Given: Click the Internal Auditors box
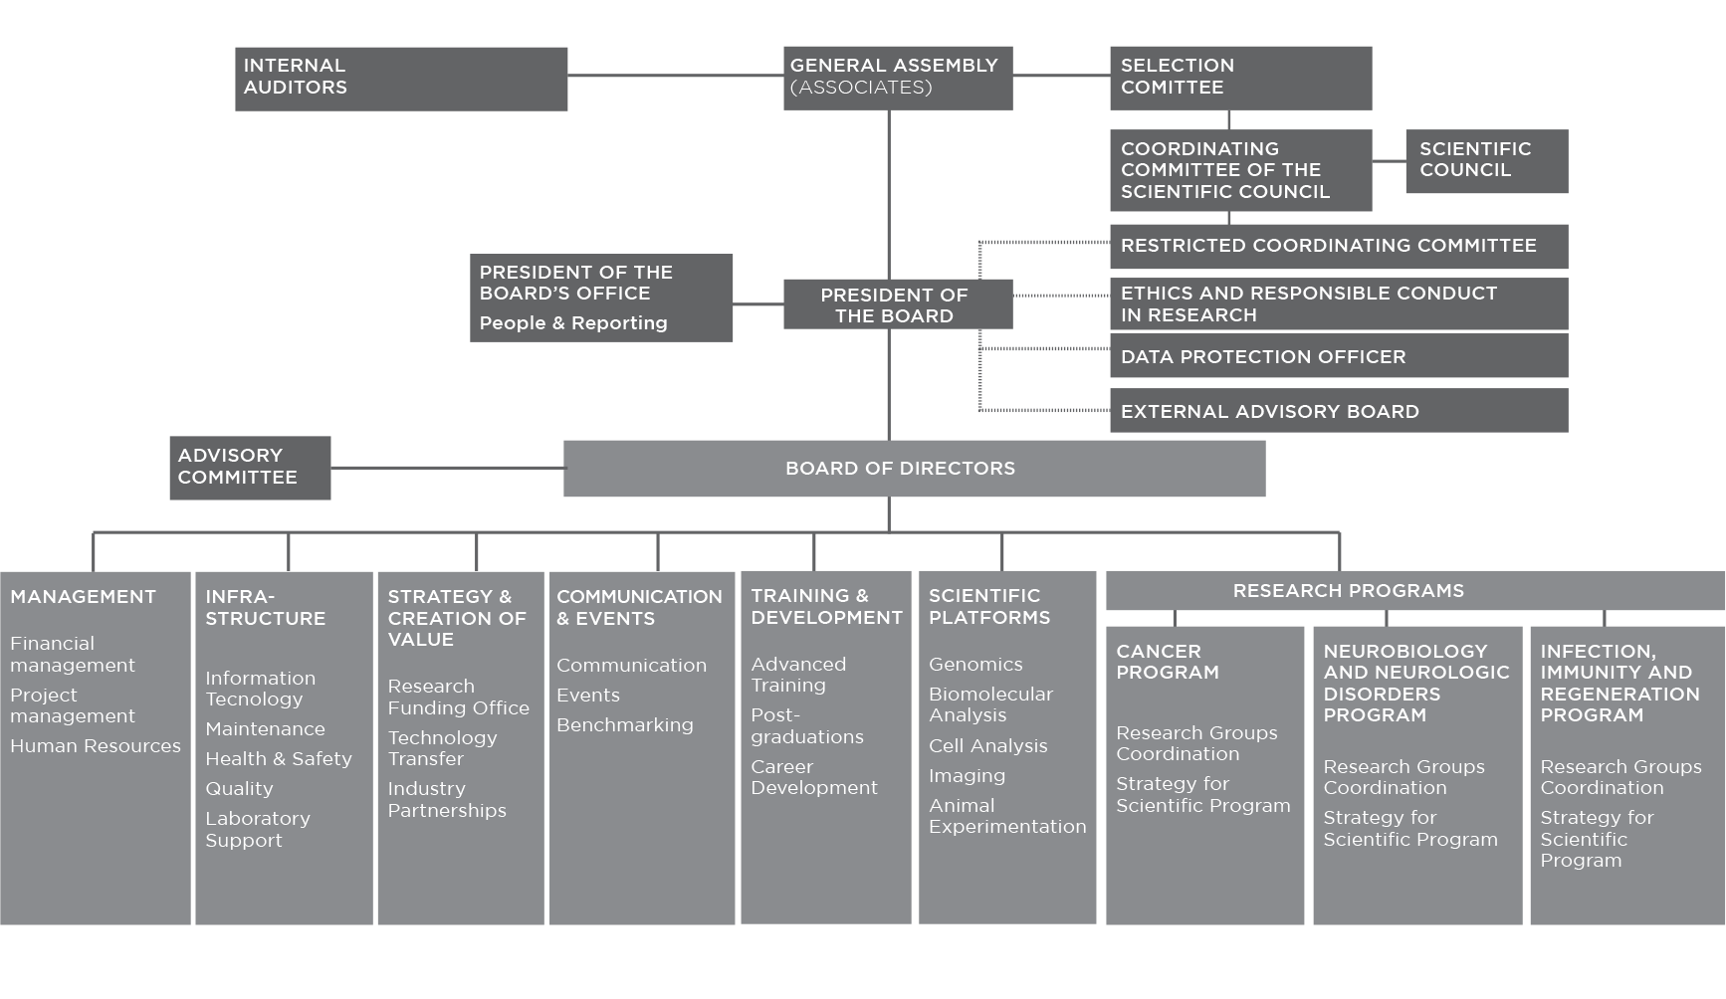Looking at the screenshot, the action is click(x=401, y=79).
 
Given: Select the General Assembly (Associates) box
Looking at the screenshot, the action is click(x=898, y=78).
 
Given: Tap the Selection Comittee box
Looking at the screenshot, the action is click(x=1241, y=78).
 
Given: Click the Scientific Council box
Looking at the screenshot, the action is click(x=1487, y=160).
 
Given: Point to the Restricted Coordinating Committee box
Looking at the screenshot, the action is click(x=1340, y=246).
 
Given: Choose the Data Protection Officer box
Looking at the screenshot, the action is click(x=1340, y=356).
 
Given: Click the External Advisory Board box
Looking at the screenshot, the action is click(x=1340, y=411).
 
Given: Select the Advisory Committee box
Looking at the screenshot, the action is click(x=250, y=468).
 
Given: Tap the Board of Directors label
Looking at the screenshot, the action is click(x=900, y=469).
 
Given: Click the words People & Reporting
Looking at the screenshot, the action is click(x=573, y=323).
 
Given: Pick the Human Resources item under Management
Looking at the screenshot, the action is click(x=96, y=746).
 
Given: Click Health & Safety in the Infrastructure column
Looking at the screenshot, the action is click(x=279, y=759).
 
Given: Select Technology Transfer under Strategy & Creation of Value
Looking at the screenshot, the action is click(x=442, y=748).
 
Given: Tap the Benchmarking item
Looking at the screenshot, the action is click(x=625, y=725).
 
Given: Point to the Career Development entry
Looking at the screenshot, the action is click(x=814, y=777).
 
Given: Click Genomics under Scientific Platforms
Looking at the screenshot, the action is click(x=975, y=665).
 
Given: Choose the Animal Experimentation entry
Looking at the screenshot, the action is click(x=1007, y=816).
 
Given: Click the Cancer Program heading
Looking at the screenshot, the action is click(x=1168, y=662).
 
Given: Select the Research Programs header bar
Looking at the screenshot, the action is click(x=1415, y=590).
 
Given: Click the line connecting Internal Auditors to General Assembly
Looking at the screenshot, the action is click(x=676, y=75).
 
